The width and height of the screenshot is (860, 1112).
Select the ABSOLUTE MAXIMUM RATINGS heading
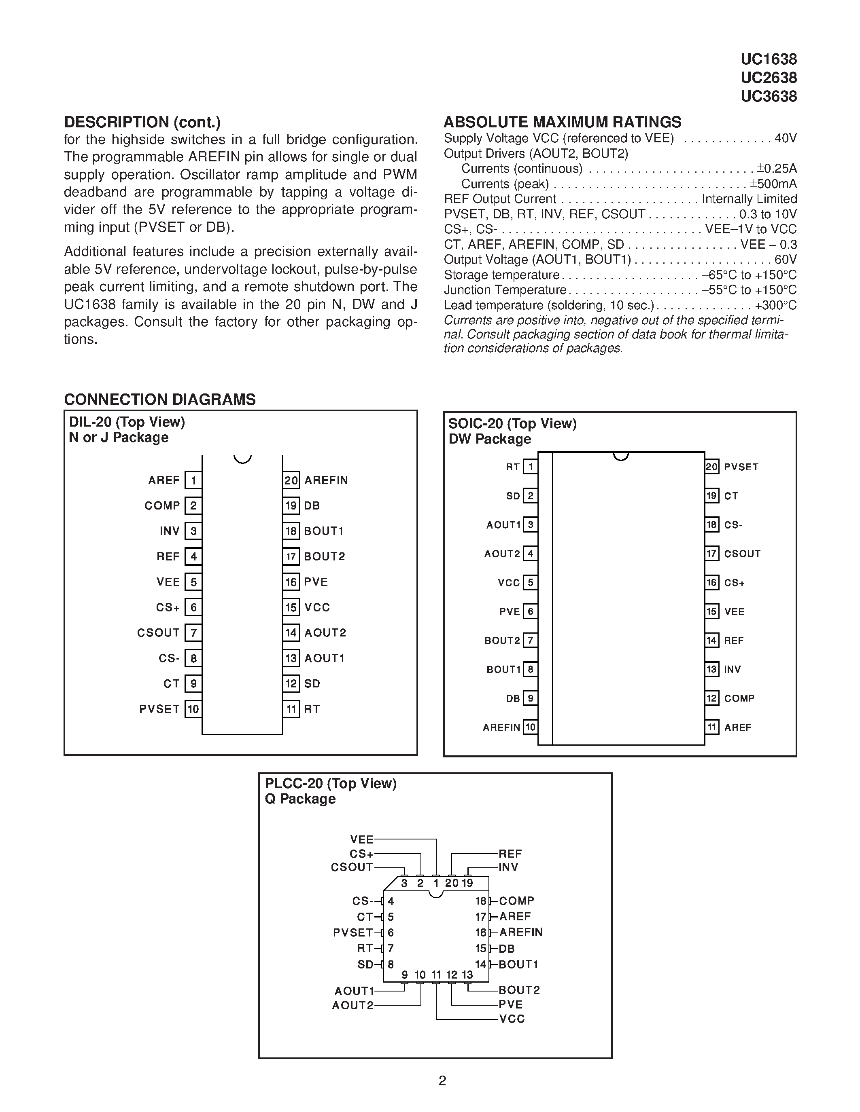point(562,122)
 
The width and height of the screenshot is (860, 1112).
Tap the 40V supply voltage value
point(785,138)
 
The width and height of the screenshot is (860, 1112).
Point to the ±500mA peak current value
point(773,184)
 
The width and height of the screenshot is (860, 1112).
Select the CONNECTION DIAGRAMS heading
point(159,400)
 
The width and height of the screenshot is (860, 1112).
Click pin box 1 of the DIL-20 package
point(193,480)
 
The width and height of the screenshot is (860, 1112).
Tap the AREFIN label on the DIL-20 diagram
point(326,480)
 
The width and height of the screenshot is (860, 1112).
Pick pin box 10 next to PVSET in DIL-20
point(193,709)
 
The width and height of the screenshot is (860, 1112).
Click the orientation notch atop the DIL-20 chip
point(242,459)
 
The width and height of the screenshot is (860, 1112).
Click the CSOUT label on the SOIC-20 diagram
point(742,554)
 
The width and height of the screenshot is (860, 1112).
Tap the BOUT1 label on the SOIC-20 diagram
point(503,670)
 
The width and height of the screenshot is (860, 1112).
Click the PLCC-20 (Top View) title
point(330,784)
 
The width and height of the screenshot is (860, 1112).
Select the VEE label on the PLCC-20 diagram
point(362,839)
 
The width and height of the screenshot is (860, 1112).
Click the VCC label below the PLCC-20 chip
point(512,1019)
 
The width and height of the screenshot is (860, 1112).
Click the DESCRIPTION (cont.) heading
point(142,122)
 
